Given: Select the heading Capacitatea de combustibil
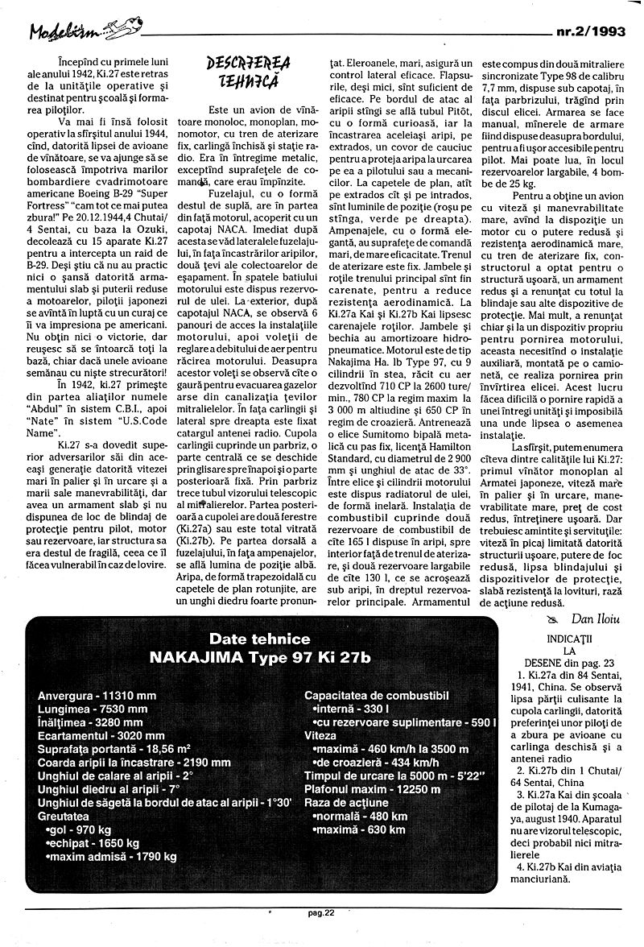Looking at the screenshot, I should [x=376, y=695].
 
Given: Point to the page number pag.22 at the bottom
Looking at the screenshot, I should [x=324, y=935].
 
